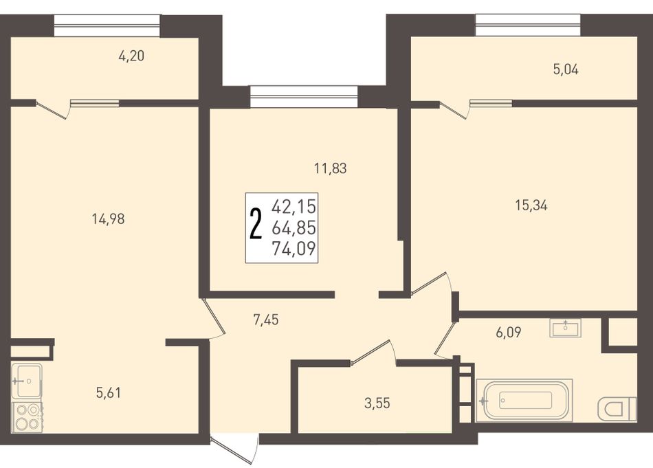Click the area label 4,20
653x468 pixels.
[x=131, y=56]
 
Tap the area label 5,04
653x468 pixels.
[x=566, y=69]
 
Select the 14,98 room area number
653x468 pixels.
[x=109, y=219]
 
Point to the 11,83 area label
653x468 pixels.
[x=331, y=168]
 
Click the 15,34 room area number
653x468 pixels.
[x=531, y=205]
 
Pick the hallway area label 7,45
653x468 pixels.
[x=266, y=320]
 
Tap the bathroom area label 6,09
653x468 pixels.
[x=509, y=332]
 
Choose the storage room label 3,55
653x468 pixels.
[x=377, y=403]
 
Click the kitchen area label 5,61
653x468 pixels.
[x=109, y=392]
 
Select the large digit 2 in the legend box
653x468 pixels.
[x=256, y=225]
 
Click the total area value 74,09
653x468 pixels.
[x=294, y=249]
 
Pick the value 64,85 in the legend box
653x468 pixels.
[x=294, y=228]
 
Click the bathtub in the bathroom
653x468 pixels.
[x=524, y=400]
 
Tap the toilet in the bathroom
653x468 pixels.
[x=618, y=408]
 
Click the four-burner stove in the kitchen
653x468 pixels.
[x=27, y=417]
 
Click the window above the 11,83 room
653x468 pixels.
[x=304, y=97]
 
